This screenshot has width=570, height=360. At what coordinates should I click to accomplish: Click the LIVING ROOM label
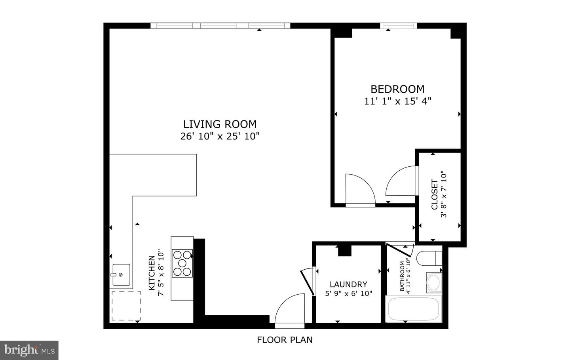(220, 124)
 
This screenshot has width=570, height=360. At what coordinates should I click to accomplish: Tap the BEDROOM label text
(397, 89)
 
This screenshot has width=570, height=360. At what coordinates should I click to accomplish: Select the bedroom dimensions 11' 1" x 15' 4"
(397, 101)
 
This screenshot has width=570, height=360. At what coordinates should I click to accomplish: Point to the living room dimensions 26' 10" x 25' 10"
(220, 136)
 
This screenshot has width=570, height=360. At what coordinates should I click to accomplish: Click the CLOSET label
(435, 194)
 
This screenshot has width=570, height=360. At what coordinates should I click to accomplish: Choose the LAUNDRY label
(348, 284)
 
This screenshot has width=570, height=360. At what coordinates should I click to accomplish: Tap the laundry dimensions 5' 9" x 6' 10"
(348, 293)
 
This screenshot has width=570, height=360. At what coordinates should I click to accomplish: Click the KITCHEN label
(152, 273)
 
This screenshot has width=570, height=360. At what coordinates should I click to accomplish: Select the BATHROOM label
(403, 276)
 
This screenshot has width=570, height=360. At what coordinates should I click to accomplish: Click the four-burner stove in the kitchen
(182, 263)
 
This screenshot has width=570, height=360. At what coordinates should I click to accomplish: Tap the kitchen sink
(121, 274)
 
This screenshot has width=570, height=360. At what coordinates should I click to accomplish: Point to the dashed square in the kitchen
(126, 306)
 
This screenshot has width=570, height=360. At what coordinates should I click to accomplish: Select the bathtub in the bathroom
(414, 309)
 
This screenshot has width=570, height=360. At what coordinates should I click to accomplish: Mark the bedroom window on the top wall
(398, 26)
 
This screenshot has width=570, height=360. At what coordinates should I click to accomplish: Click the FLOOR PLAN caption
(285, 340)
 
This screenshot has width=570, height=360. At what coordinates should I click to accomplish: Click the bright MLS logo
(29, 350)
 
